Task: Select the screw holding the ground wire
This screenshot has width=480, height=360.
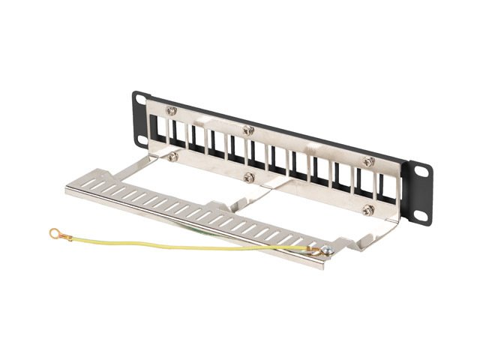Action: [328, 251]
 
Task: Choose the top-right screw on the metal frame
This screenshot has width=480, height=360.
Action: [368, 161]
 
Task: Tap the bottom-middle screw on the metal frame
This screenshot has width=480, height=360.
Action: [247, 178]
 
